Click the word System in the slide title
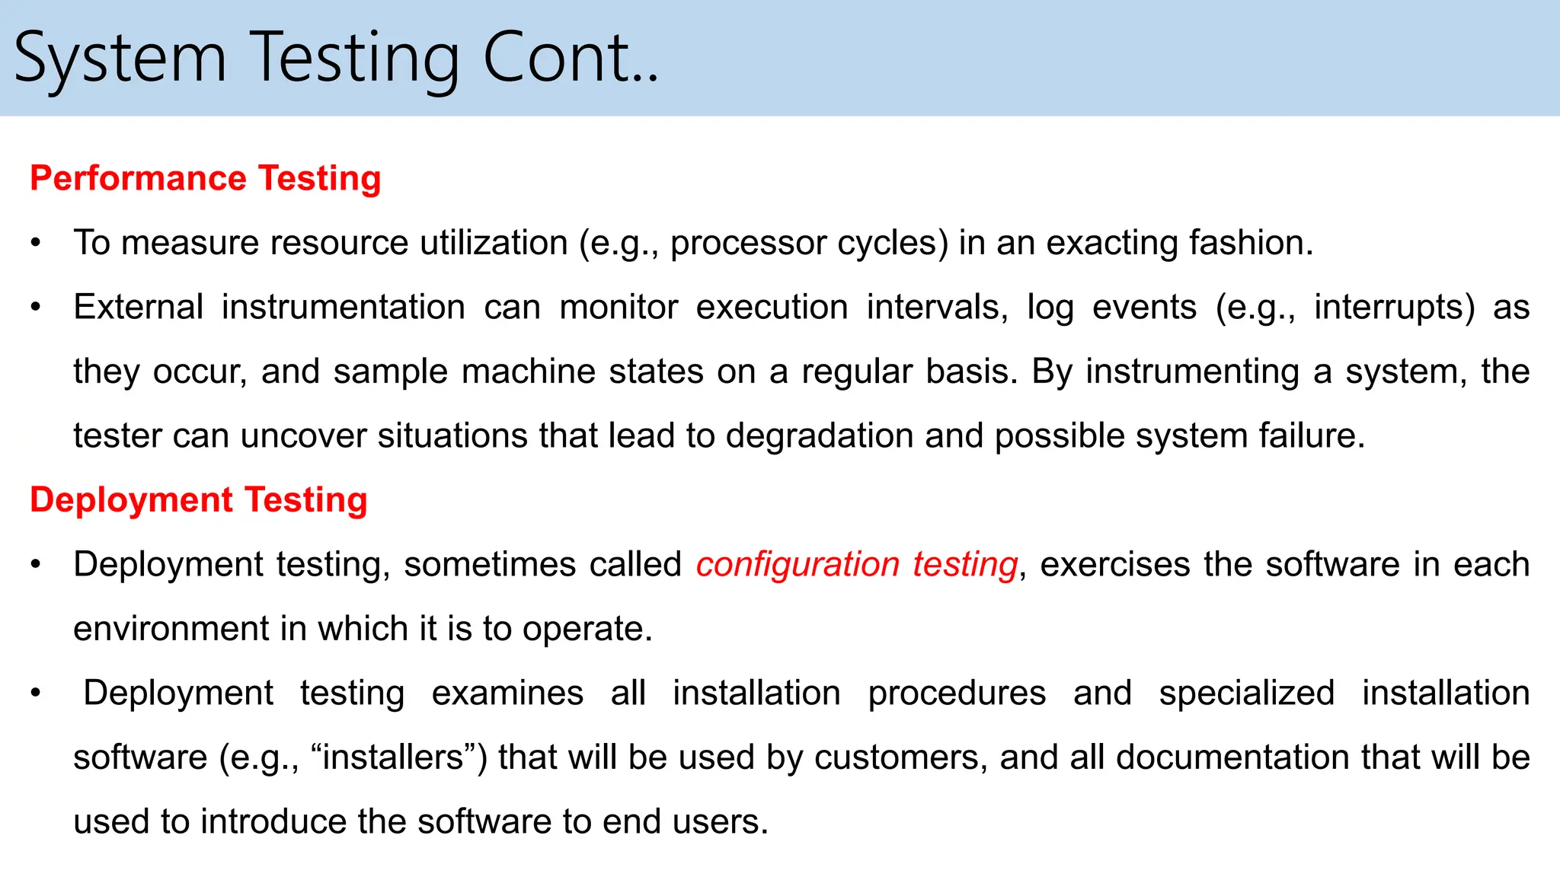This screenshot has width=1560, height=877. [x=120, y=59]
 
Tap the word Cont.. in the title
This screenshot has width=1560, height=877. [x=571, y=59]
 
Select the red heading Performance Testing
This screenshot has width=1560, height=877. [x=205, y=178]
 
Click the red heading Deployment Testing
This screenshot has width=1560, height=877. [x=198, y=500]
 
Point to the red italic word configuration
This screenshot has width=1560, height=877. [x=798, y=565]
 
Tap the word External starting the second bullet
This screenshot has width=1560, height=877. [x=138, y=308]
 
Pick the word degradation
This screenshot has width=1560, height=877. [x=819, y=436]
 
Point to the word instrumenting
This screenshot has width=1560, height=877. [x=1192, y=372]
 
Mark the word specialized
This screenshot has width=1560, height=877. [x=1246, y=694]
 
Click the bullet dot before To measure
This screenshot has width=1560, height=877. [x=35, y=244]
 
